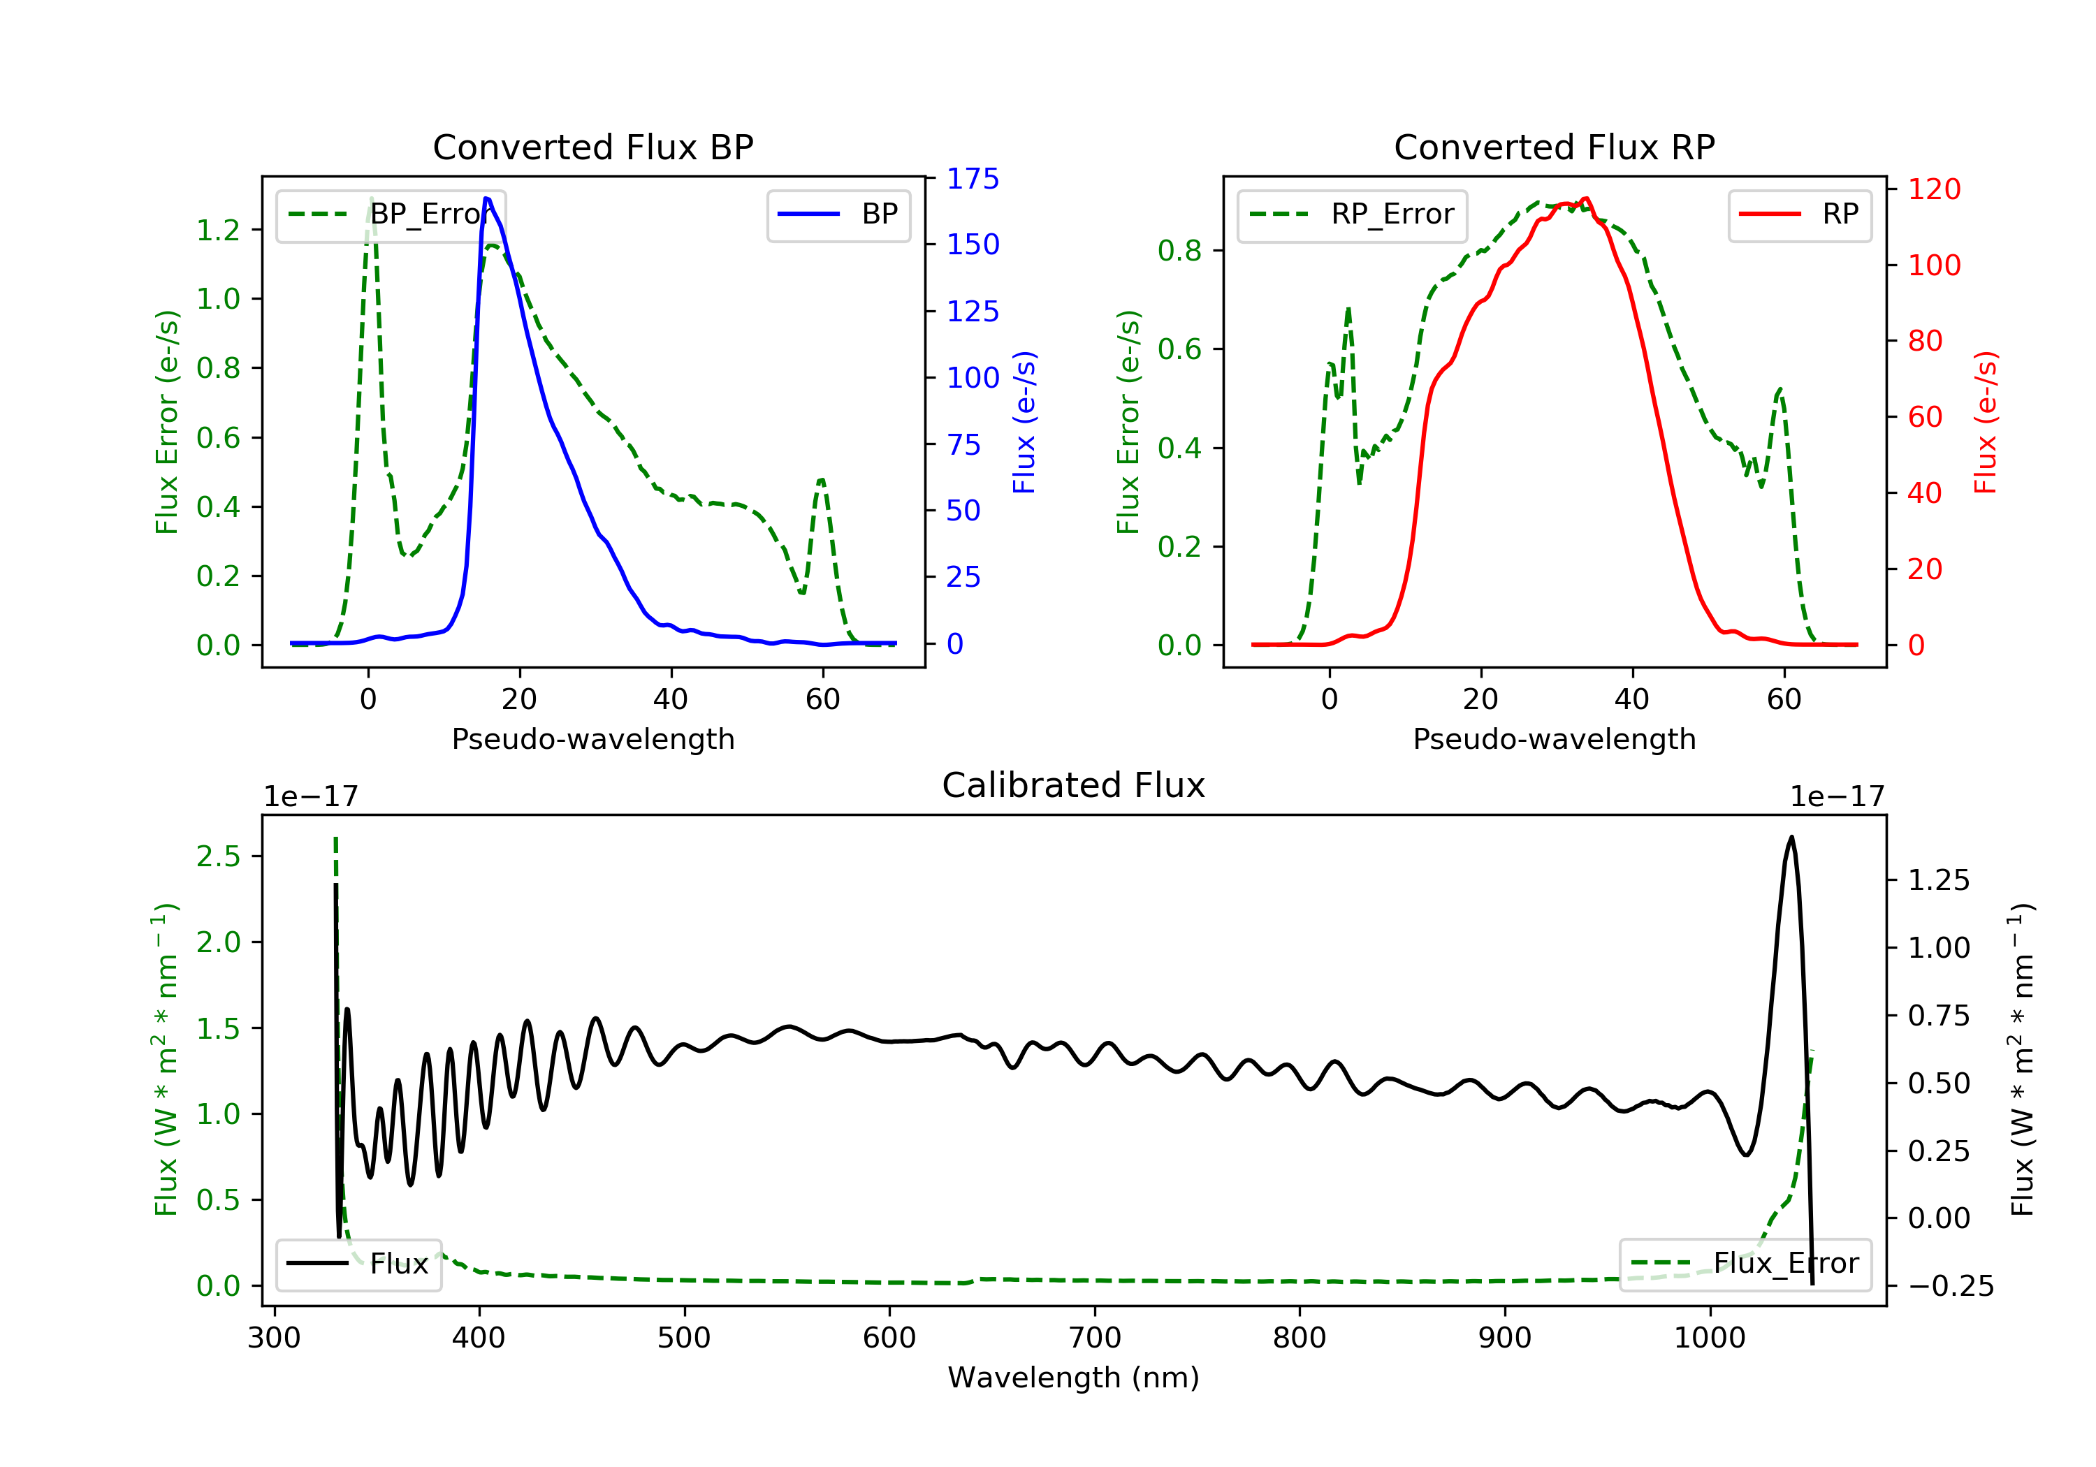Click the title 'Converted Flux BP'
click(592, 147)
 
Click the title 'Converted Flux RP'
click(1554, 147)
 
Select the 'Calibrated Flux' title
click(1074, 785)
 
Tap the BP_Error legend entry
click(391, 214)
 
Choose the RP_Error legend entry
click(1351, 214)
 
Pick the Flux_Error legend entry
click(1745, 1264)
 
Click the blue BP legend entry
click(838, 214)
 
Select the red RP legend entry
click(1799, 214)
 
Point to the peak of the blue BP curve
click(486, 198)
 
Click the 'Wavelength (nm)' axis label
click(1074, 1377)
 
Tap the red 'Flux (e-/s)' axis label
click(1985, 422)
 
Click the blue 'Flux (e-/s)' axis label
click(1024, 422)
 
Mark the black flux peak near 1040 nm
click(1791, 837)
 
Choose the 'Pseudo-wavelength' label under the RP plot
click(1554, 738)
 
